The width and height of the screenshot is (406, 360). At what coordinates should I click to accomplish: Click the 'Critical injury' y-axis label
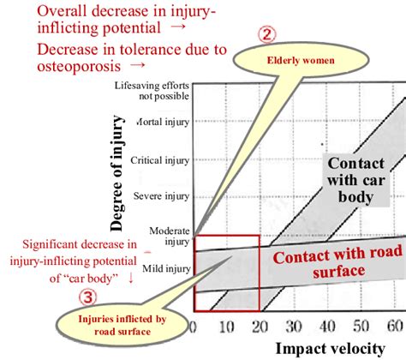(x=159, y=159)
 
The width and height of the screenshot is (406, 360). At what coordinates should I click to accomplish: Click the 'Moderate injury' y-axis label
(x=169, y=236)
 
